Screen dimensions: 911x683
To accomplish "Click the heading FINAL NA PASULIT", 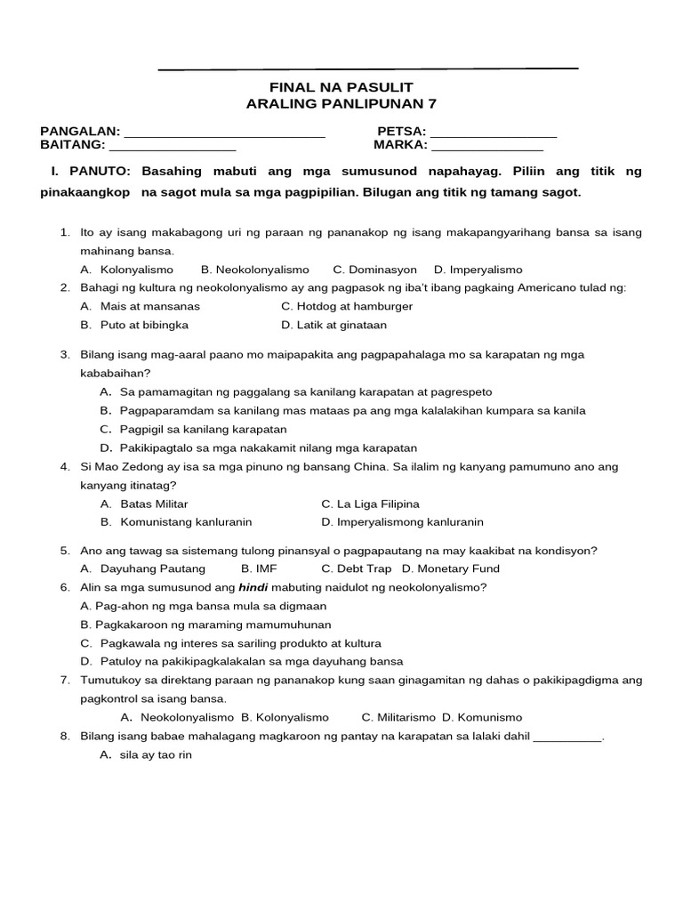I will click(x=341, y=88).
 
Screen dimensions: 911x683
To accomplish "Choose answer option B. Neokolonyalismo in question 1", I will click(x=254, y=270).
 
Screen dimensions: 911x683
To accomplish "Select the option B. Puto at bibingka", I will click(x=133, y=326).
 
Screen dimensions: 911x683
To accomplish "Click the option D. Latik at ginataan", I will click(x=333, y=326).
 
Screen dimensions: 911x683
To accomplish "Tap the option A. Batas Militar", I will click(x=143, y=504).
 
